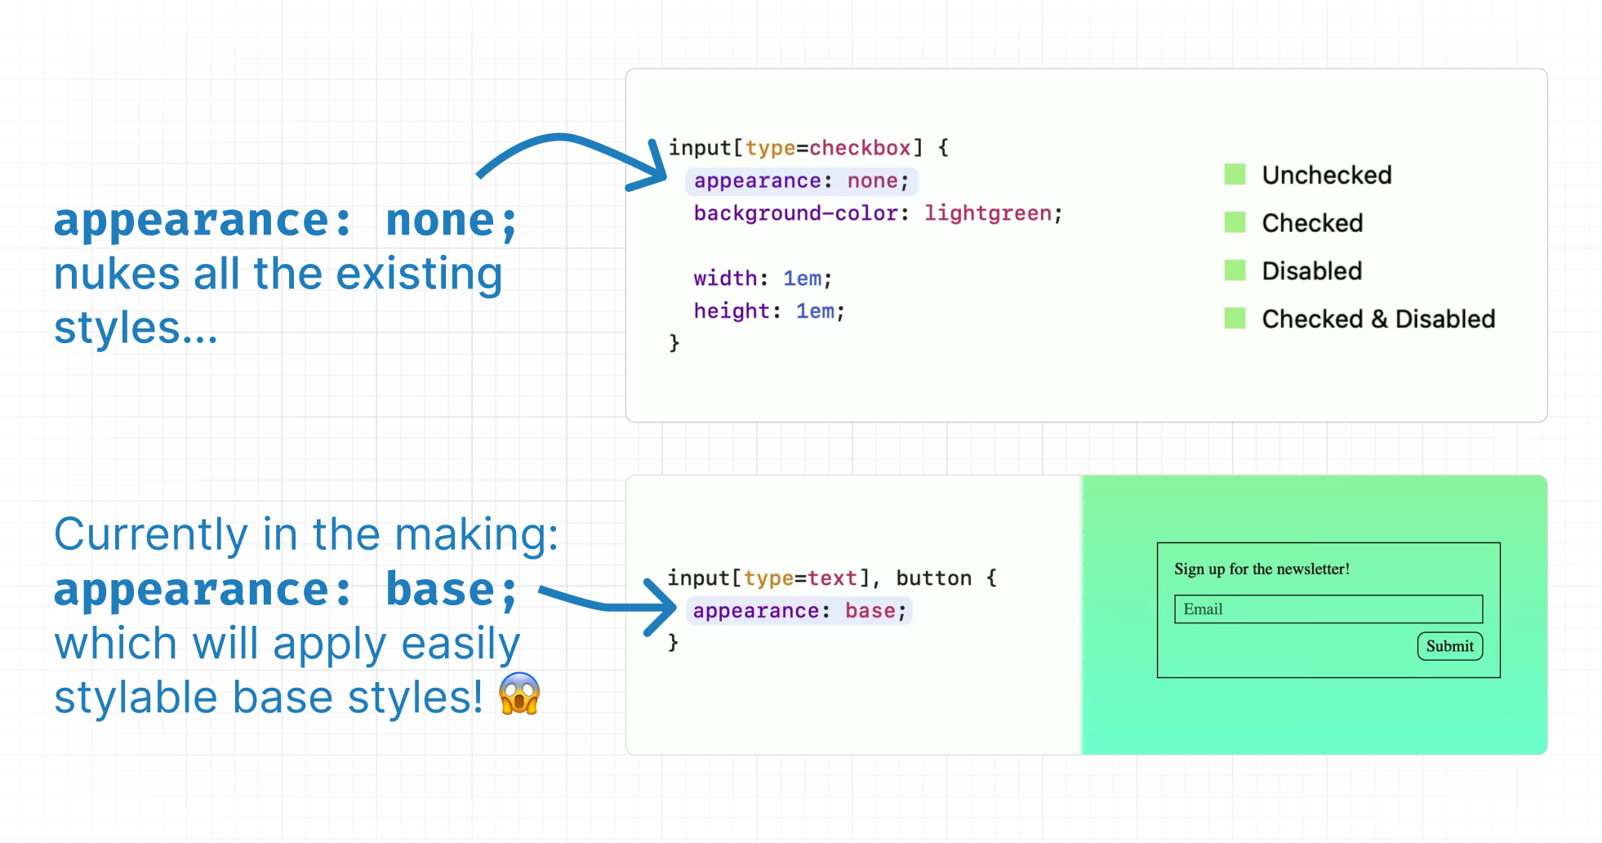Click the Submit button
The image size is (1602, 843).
pos(1450,646)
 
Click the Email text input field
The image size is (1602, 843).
pos(1328,609)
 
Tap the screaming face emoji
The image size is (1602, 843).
pos(519,694)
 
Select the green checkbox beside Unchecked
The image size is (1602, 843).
pos(1235,174)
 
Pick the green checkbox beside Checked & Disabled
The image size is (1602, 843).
pos(1235,318)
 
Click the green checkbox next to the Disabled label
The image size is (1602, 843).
pos(1235,270)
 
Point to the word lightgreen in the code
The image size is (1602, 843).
pos(988,213)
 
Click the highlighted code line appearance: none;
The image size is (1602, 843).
pos(802,181)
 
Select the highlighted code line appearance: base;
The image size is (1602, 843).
pos(799,611)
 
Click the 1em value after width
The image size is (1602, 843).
pos(803,279)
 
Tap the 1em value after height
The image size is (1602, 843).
pos(816,311)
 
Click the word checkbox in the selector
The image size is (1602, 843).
pos(860,148)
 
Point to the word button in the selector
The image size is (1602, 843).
pos(934,578)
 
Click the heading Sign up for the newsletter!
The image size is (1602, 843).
pos(1262,569)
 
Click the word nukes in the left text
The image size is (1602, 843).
pos(118,274)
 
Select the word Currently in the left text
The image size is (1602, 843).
pos(151,536)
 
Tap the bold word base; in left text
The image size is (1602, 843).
pos(451,591)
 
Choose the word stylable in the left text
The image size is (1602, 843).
pos(136,699)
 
